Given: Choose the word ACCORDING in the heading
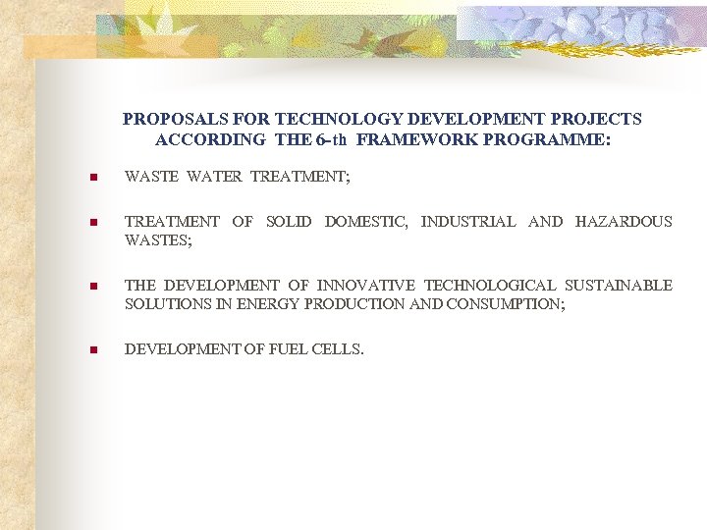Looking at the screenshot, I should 210,139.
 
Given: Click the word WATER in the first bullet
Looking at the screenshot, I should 213,178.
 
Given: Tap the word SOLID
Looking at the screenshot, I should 289,222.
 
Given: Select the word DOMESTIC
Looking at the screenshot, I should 366,222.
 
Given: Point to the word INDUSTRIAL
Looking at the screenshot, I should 468,222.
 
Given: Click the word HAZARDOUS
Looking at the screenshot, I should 624,222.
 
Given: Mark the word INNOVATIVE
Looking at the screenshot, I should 363,286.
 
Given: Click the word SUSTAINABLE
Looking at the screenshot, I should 619,286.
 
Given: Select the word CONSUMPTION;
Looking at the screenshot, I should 505,304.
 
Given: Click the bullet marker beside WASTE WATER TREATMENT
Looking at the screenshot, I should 91,179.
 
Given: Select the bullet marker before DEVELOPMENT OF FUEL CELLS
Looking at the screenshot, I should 91,349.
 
